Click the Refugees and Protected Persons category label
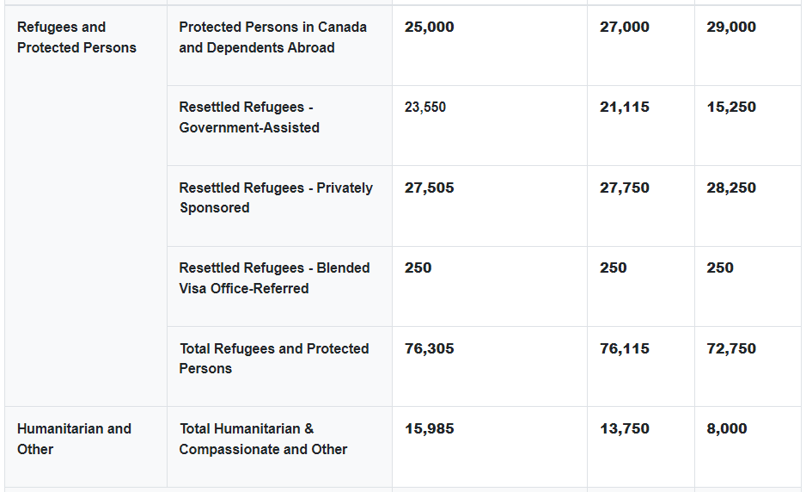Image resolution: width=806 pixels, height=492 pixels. (x=76, y=37)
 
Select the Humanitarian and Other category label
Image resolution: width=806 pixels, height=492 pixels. (x=74, y=439)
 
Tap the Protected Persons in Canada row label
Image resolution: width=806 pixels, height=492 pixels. (x=272, y=37)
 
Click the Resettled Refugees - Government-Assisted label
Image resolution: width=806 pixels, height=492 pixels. (x=249, y=117)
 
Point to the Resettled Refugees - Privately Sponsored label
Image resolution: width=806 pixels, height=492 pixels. (x=276, y=197)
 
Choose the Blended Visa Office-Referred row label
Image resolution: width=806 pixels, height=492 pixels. (x=274, y=278)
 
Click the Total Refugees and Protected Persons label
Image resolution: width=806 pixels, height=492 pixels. (x=274, y=358)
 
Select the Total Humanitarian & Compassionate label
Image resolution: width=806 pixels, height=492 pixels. (x=263, y=439)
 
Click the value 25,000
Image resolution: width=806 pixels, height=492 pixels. (x=429, y=27)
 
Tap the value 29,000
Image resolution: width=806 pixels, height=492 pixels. (x=731, y=27)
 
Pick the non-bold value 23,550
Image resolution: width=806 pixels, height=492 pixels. (x=425, y=108)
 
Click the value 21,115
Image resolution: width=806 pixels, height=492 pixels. (x=625, y=108)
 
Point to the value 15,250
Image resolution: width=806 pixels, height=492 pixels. (x=731, y=108)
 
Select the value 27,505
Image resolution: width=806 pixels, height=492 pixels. (x=429, y=188)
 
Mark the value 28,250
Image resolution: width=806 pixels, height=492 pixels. (x=731, y=188)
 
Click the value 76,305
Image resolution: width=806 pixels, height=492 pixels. (x=429, y=348)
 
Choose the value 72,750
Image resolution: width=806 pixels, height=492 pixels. (x=731, y=348)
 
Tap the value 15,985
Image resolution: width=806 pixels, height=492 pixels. (x=429, y=428)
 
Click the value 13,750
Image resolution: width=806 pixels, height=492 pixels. (x=625, y=428)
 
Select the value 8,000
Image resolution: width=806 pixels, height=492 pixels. (x=727, y=428)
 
